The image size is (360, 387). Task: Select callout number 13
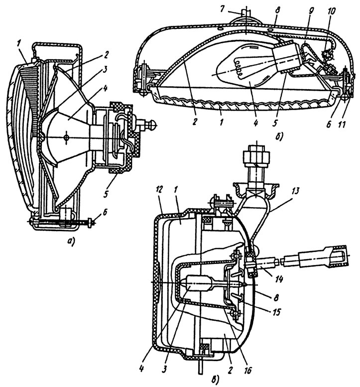[296, 191]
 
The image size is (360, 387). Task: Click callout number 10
[332, 11]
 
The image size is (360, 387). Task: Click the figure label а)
[72, 239]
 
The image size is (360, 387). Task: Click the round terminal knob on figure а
[152, 124]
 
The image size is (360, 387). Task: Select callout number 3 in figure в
[165, 369]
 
